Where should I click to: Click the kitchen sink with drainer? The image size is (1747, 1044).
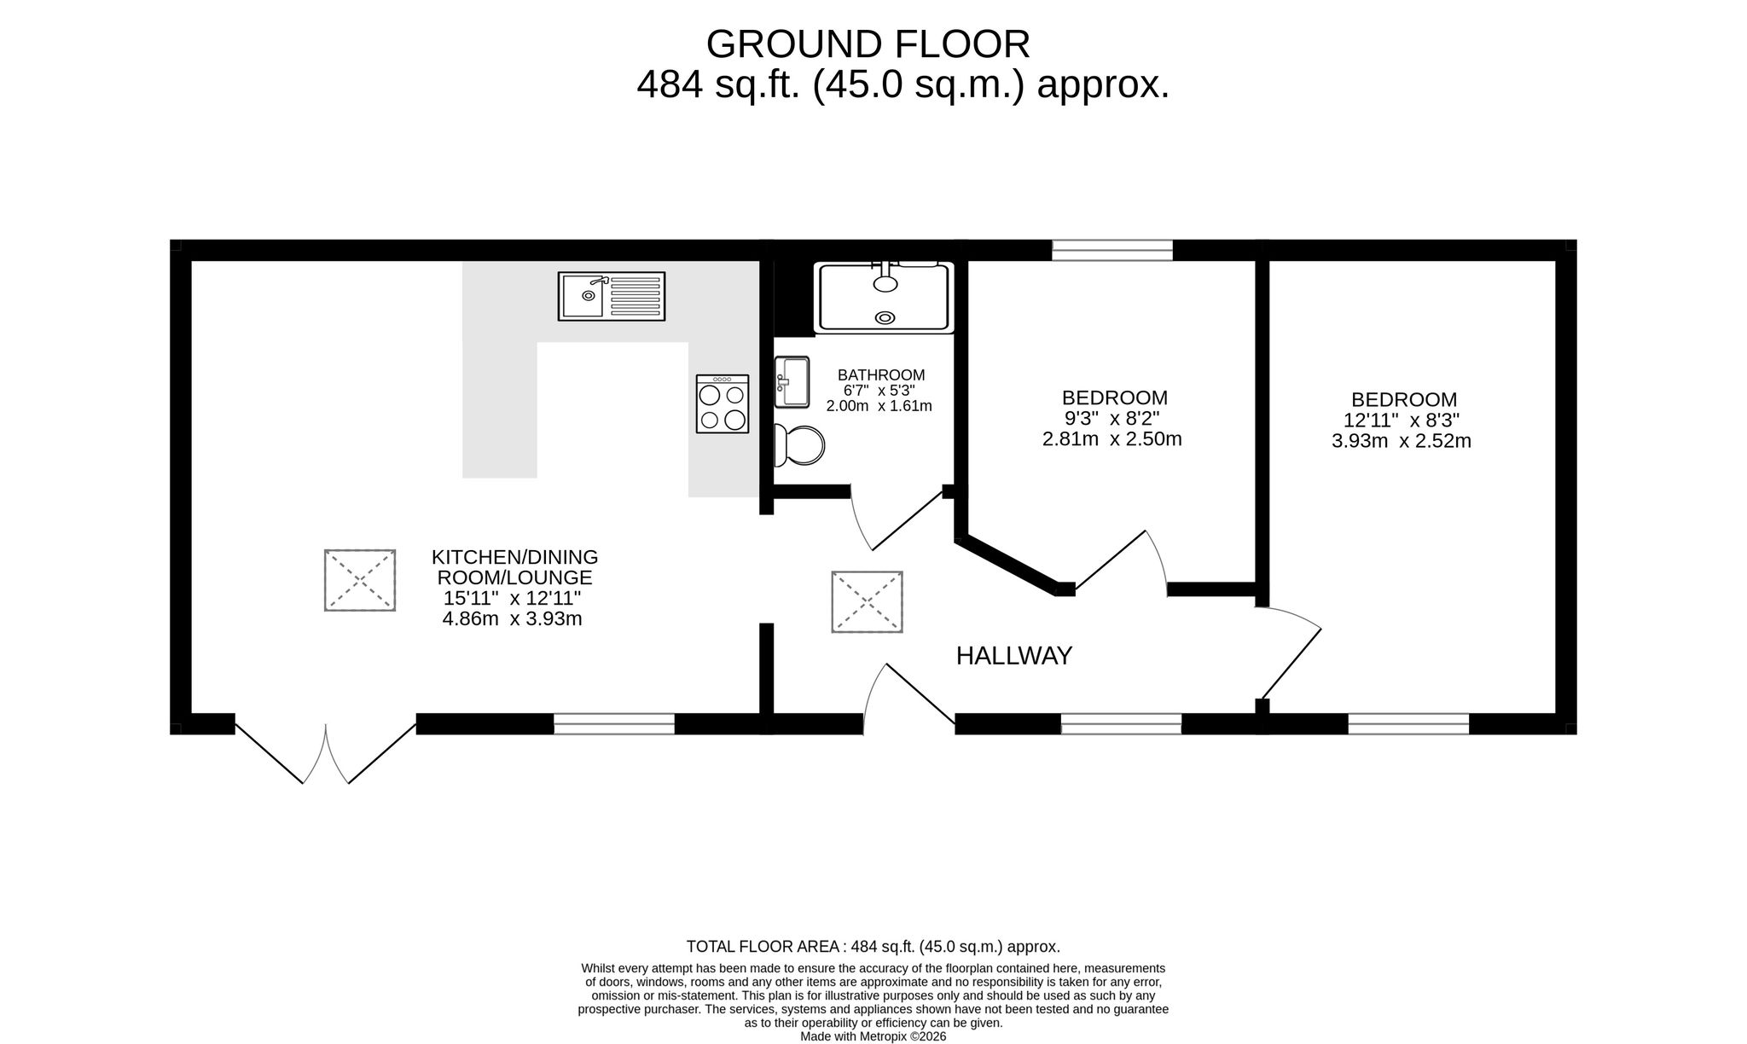pyautogui.click(x=611, y=296)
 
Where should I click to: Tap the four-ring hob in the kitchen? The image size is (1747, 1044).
pyautogui.click(x=723, y=403)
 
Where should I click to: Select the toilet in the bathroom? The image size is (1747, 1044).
pyautogui.click(x=799, y=445)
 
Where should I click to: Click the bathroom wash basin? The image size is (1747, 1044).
pyautogui.click(x=792, y=382)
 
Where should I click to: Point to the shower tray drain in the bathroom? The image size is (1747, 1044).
pyautogui.click(x=885, y=318)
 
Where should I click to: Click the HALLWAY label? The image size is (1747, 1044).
pyautogui.click(x=1013, y=656)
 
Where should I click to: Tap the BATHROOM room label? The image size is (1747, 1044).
pyautogui.click(x=881, y=374)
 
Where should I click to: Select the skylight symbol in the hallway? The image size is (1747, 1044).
pyautogui.click(x=867, y=602)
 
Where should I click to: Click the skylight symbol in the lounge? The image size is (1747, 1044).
pyautogui.click(x=360, y=580)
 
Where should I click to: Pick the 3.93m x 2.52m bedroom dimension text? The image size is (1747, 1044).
pyautogui.click(x=1402, y=442)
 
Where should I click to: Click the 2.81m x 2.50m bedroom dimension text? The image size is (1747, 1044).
pyautogui.click(x=1112, y=440)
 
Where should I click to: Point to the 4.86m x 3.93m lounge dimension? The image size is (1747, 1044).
pyautogui.click(x=512, y=619)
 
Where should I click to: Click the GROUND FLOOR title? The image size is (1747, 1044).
pyautogui.click(x=868, y=44)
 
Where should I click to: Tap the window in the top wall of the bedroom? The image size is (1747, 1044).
pyautogui.click(x=1112, y=250)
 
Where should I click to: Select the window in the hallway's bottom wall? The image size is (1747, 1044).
pyautogui.click(x=1121, y=724)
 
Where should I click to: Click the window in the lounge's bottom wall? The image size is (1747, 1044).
pyautogui.click(x=614, y=724)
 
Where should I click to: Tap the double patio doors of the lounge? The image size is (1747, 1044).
pyautogui.click(x=326, y=751)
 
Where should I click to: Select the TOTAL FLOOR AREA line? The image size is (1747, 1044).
pyautogui.click(x=873, y=947)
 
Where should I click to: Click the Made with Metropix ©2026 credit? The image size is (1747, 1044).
pyautogui.click(x=873, y=1036)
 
